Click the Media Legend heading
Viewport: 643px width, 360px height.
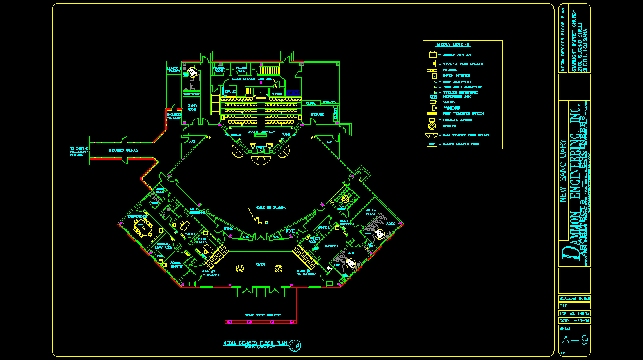tap(453, 45)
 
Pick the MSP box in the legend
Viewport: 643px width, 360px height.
tap(432, 144)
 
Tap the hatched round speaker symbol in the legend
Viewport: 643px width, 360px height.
tap(432, 126)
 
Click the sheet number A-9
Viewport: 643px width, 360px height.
tap(574, 340)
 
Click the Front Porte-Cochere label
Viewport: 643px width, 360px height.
tap(261, 315)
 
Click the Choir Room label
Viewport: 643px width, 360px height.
tap(191, 107)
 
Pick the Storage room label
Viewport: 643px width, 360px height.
tap(318, 115)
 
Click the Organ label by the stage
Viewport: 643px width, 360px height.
tap(235, 135)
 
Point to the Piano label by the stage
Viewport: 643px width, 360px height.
tap(286, 135)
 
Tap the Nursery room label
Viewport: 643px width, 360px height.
tap(331, 245)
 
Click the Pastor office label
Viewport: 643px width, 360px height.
tap(189, 234)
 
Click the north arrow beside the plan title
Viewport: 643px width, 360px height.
tap(296, 346)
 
